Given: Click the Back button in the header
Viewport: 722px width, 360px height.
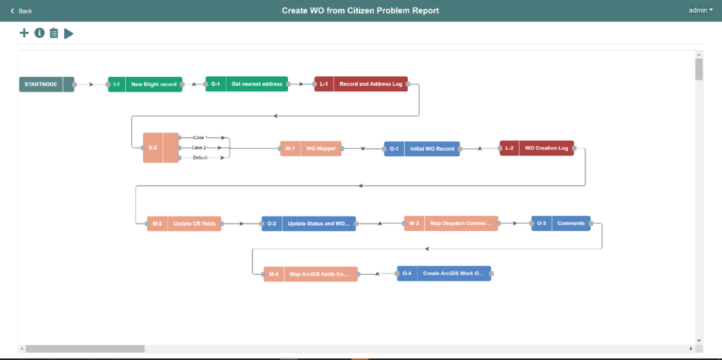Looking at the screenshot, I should tap(21, 11).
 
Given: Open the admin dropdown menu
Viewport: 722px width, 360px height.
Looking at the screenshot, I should tap(701, 10).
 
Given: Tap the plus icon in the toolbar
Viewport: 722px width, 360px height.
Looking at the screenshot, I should tap(24, 33).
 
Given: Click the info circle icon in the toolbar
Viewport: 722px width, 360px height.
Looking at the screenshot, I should tap(39, 33).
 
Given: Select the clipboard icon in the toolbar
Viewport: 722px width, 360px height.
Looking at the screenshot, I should tap(54, 33).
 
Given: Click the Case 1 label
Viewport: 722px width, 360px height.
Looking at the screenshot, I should tap(200, 137).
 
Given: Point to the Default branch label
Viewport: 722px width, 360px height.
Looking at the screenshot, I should tap(200, 157).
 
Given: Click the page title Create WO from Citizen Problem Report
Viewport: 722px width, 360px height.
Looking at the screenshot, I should tap(360, 11).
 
